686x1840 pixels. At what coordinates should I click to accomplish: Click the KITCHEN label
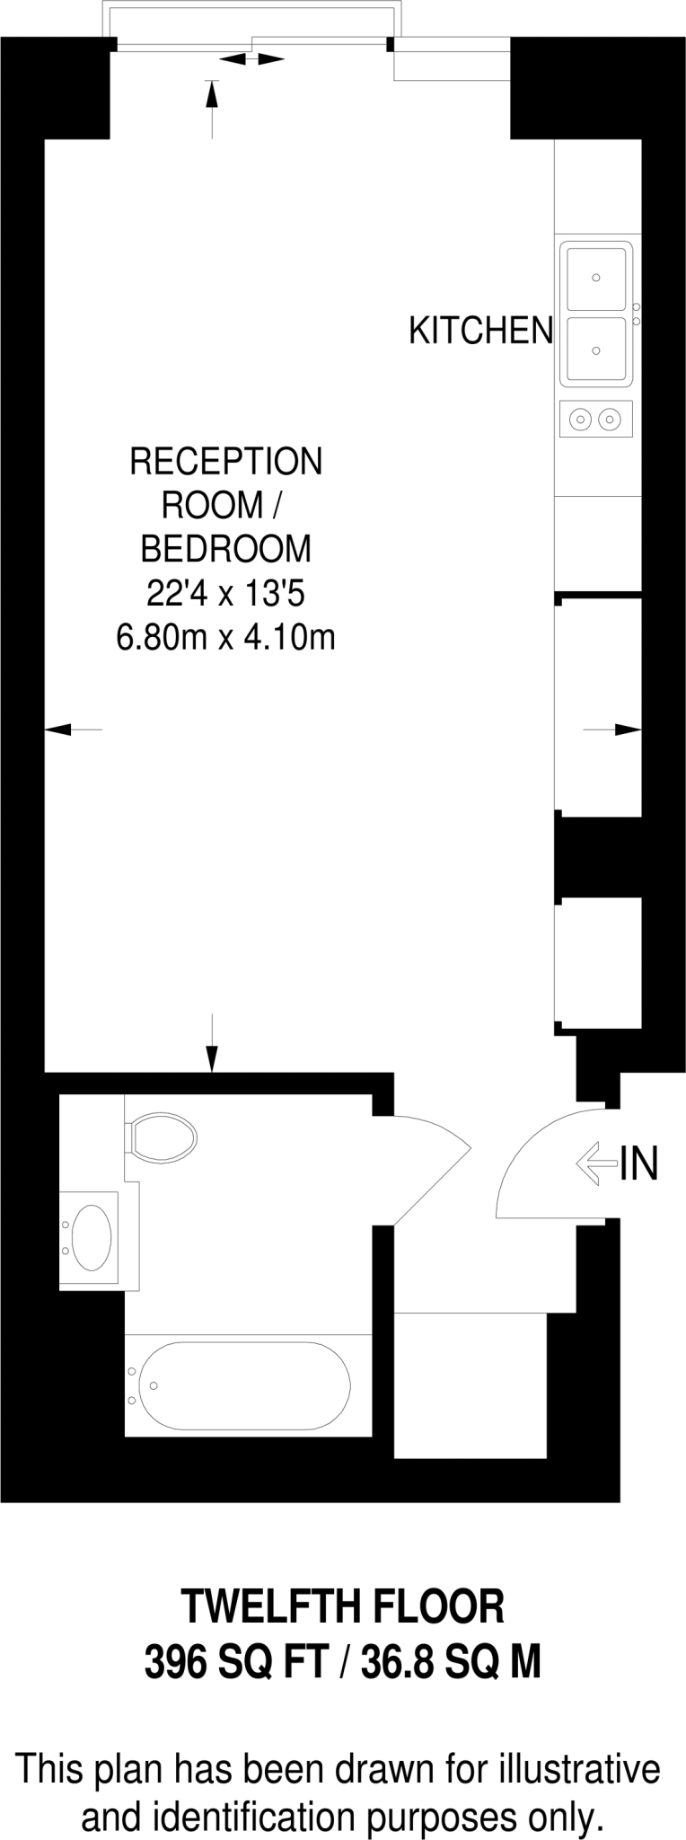coord(480,332)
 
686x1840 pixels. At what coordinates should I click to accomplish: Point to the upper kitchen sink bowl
coord(594,279)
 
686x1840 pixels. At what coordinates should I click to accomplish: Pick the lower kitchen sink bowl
coord(594,350)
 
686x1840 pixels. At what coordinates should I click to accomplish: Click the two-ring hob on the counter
coord(595,418)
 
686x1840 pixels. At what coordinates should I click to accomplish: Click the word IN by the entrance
coord(639,1163)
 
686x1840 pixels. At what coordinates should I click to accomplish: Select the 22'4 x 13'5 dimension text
coord(225,593)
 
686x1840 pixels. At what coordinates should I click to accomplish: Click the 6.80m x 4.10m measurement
coord(225,638)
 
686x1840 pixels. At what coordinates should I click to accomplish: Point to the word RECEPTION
coord(225,462)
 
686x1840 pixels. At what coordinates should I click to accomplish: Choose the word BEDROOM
coord(225,548)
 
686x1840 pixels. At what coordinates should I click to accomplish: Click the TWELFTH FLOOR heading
coord(343,1606)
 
